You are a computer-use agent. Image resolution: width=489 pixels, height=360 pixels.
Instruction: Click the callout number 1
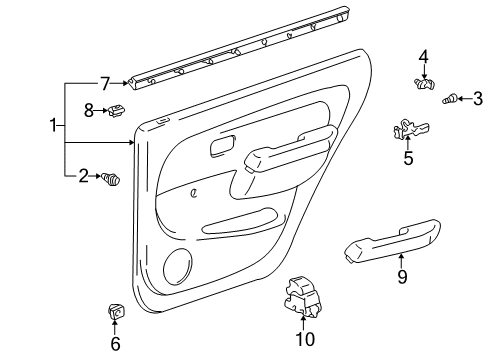click(x=54, y=128)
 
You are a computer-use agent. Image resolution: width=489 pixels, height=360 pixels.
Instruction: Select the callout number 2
click(x=84, y=177)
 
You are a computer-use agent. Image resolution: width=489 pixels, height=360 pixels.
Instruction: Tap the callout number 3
click(x=478, y=97)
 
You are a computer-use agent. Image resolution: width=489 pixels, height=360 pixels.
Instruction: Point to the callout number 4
click(x=423, y=56)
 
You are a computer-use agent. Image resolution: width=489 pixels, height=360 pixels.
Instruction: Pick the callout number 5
click(x=407, y=157)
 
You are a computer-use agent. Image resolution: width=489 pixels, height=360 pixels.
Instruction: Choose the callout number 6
click(x=115, y=345)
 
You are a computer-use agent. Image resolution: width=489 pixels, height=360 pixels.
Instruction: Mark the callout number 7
click(x=103, y=84)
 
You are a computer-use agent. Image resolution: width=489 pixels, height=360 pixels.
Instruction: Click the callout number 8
click(x=88, y=111)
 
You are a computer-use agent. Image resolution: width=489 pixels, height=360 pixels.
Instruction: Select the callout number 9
click(x=402, y=277)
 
